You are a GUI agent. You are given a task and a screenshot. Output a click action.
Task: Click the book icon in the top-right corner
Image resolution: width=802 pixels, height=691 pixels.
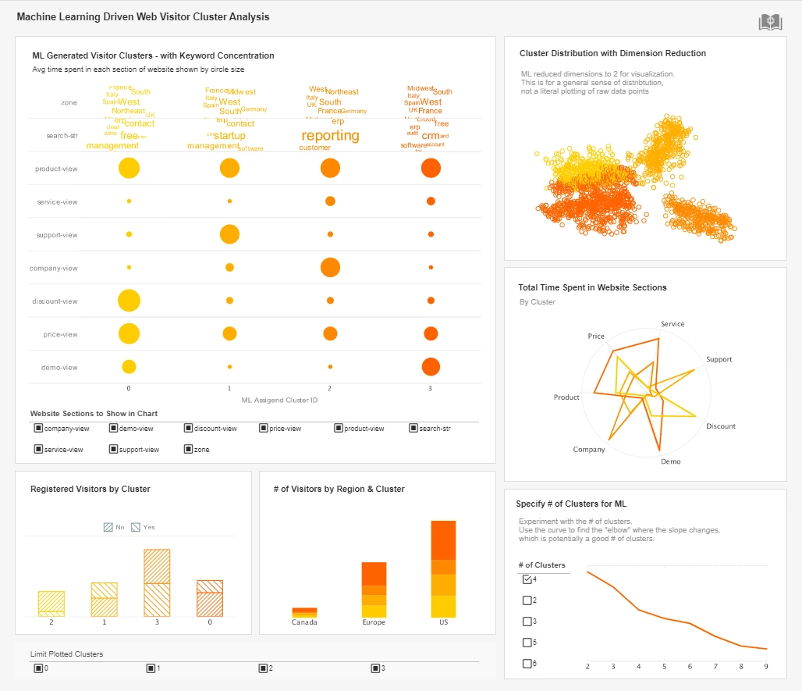click(770, 23)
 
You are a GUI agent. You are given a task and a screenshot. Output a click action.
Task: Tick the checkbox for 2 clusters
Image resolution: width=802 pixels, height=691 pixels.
click(527, 600)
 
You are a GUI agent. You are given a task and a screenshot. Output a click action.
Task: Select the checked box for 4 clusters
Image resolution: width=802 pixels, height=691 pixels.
click(527, 579)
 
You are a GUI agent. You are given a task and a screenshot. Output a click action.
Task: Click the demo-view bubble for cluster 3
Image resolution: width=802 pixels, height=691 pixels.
click(431, 367)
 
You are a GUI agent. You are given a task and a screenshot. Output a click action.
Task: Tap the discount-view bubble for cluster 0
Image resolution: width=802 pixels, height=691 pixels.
click(129, 301)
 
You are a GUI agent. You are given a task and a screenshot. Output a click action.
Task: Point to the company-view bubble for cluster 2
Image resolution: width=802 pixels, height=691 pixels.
click(330, 267)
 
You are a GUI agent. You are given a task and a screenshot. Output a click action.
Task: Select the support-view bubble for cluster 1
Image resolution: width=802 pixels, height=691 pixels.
click(229, 234)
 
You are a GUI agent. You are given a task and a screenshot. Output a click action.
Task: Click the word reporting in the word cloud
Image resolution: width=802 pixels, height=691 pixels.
click(330, 136)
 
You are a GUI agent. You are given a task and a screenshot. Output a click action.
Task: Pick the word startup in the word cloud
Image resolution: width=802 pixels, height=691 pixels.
click(229, 136)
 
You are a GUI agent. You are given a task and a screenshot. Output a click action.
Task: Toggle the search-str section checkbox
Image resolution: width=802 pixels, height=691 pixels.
click(413, 428)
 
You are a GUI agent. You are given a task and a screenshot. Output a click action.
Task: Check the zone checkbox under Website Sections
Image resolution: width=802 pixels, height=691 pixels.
click(189, 449)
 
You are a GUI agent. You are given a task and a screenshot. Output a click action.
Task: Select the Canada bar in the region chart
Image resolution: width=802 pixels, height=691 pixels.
click(304, 612)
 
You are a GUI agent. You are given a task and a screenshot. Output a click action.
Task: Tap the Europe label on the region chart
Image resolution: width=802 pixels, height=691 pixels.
click(374, 622)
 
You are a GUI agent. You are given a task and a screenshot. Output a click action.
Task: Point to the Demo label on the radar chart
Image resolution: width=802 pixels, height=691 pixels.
click(670, 461)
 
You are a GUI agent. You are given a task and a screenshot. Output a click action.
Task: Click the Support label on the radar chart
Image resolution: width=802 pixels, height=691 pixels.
click(719, 359)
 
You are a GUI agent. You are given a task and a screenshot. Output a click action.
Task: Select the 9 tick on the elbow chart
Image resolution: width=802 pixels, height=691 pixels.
click(766, 667)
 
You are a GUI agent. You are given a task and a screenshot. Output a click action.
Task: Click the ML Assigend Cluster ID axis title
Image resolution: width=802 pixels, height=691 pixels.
click(279, 400)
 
